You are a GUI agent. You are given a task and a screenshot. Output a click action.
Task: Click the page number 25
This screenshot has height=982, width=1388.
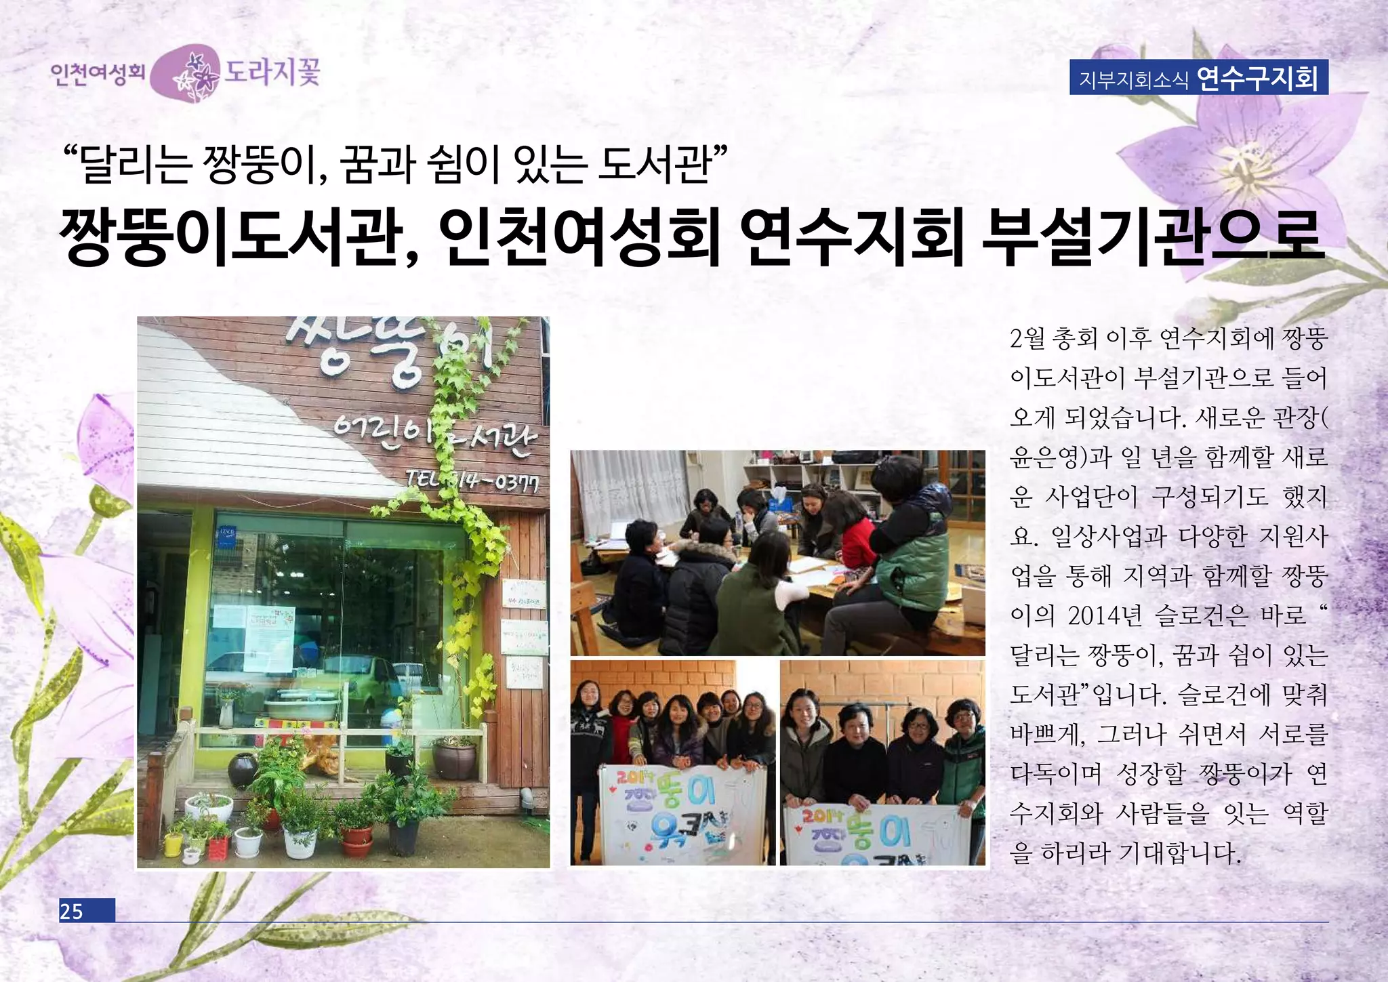tap(72, 911)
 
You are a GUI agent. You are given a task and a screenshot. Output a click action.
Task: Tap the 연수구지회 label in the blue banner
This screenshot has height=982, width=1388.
tap(1257, 78)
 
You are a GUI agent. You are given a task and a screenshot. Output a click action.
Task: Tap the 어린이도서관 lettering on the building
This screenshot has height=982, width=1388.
tap(434, 434)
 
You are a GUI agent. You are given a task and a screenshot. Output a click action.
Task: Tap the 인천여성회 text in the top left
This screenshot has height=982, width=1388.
tap(98, 73)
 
